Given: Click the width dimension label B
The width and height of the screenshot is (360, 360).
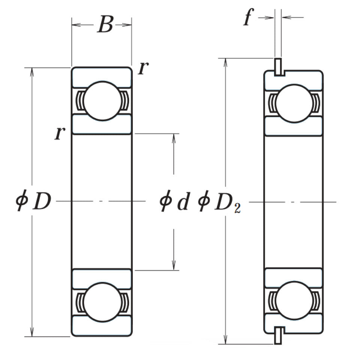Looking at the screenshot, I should point(105,25).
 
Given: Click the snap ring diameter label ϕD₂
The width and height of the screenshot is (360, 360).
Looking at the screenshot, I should point(219,202).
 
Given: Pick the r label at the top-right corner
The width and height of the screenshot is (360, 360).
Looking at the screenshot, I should point(143,68).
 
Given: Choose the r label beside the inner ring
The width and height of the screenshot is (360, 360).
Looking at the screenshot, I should point(59,133).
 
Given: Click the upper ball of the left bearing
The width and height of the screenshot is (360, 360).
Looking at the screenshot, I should point(102,100).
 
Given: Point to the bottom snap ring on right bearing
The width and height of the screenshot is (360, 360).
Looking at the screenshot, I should point(278,335).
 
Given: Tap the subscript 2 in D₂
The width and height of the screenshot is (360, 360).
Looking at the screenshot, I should point(237,209).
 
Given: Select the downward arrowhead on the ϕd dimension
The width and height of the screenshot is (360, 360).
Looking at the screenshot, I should point(174,266).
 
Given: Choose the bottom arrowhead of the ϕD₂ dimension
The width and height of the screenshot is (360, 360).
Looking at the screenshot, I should point(225,340).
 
